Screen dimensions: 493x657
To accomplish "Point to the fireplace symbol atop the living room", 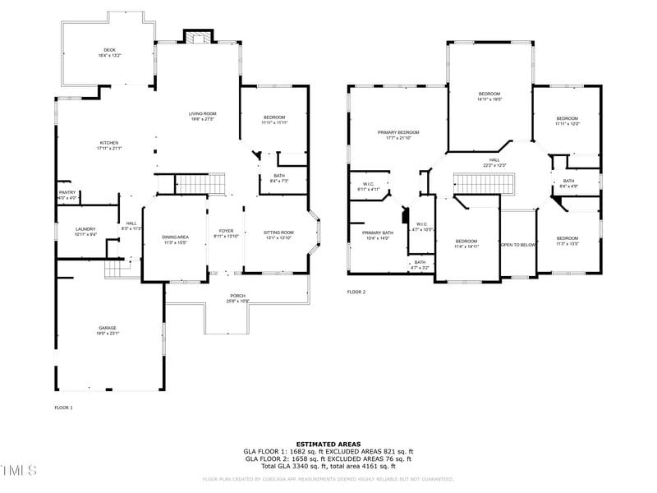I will pyautogui.click(x=197, y=36).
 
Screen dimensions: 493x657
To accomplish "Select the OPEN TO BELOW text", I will pyautogui.click(x=518, y=245).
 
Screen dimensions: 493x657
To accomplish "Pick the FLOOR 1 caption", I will pyautogui.click(x=63, y=408).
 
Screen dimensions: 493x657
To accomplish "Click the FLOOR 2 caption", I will pyautogui.click(x=356, y=292).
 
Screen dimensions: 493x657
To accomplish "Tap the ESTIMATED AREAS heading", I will pyautogui.click(x=328, y=444).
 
